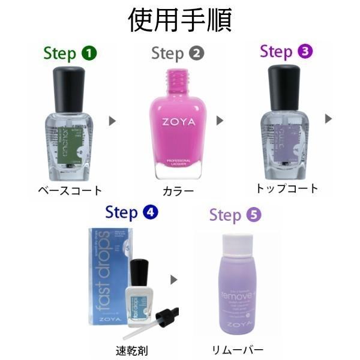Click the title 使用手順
pyautogui.click(x=180, y=20)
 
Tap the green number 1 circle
pyautogui.click(x=89, y=53)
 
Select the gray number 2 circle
pyautogui.click(x=196, y=53)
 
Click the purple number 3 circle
pyautogui.click(x=305, y=52)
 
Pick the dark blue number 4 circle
pyautogui.click(x=150, y=212)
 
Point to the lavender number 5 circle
pyautogui.click(x=254, y=215)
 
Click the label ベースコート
pyautogui.click(x=70, y=191)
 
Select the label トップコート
pyautogui.click(x=287, y=188)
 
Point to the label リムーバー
pyautogui.click(x=238, y=349)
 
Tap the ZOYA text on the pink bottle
pyautogui.click(x=178, y=122)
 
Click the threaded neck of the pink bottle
pyautogui.click(x=178, y=77)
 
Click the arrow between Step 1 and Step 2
pyautogui.click(x=112, y=121)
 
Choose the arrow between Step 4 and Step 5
pyautogui.click(x=174, y=280)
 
